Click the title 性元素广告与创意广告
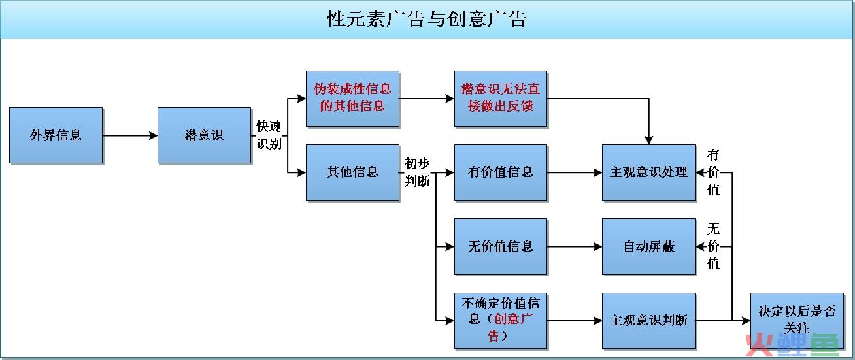click(x=427, y=19)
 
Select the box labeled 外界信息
click(x=56, y=135)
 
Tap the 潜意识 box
click(x=204, y=135)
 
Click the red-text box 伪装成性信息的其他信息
click(x=353, y=99)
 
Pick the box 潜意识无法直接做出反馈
click(x=501, y=99)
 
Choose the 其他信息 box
click(x=353, y=172)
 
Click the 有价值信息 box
click(x=501, y=172)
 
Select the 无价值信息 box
click(x=501, y=247)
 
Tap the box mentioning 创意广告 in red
click(x=501, y=321)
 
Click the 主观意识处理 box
click(x=649, y=172)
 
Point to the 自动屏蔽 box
click(x=649, y=247)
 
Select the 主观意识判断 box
click(x=649, y=321)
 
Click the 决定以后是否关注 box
click(x=797, y=321)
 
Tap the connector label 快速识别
click(x=269, y=135)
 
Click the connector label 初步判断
click(x=417, y=172)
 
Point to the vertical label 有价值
click(x=713, y=172)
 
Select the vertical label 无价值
click(x=713, y=246)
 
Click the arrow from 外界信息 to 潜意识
click(x=130, y=135)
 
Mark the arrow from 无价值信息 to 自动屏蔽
click(x=575, y=247)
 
